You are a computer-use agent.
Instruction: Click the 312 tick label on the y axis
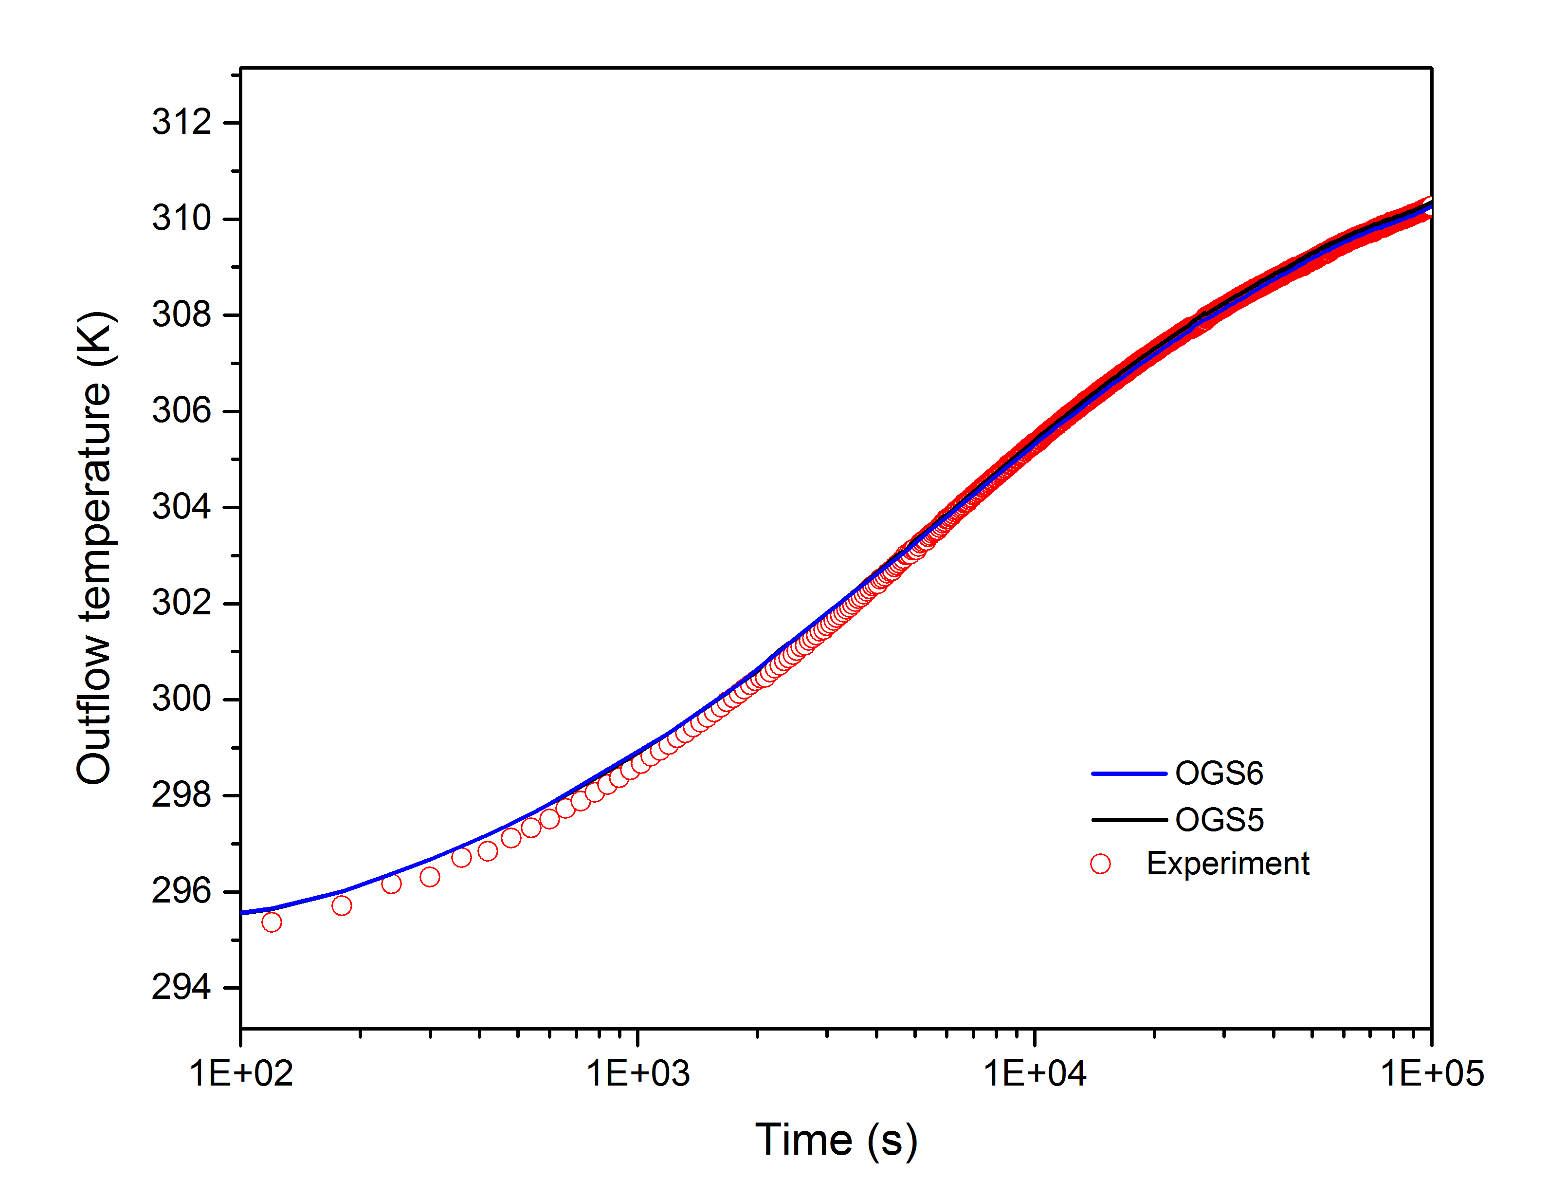pos(181,123)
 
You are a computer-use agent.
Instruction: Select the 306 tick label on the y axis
pos(181,411)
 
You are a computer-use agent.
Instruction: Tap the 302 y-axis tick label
pos(181,603)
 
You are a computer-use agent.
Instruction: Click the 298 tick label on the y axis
pos(181,795)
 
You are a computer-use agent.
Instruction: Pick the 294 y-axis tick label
pos(181,988)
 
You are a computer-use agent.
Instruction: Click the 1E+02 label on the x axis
pos(241,1074)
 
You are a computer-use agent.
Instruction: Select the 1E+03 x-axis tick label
pos(638,1074)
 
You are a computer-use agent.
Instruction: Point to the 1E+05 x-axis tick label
pos(1432,1074)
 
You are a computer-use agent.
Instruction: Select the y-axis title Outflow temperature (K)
pos(95,548)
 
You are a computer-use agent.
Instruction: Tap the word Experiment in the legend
pos(1227,864)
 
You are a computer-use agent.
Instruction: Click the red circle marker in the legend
pos(1100,864)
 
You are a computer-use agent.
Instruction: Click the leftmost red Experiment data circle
pos(272,922)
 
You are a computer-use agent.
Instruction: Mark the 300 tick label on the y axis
pos(181,699)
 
